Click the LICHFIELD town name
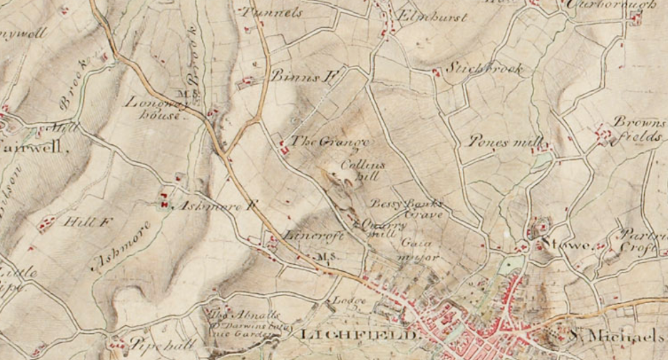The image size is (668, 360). click(359, 334)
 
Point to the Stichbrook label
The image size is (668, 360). click(484, 70)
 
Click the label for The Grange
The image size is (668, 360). click(329, 141)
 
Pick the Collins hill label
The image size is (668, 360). click(363, 170)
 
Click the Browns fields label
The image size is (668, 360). click(639, 130)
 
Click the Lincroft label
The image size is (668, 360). click(314, 236)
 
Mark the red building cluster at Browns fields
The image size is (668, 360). click(605, 137)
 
